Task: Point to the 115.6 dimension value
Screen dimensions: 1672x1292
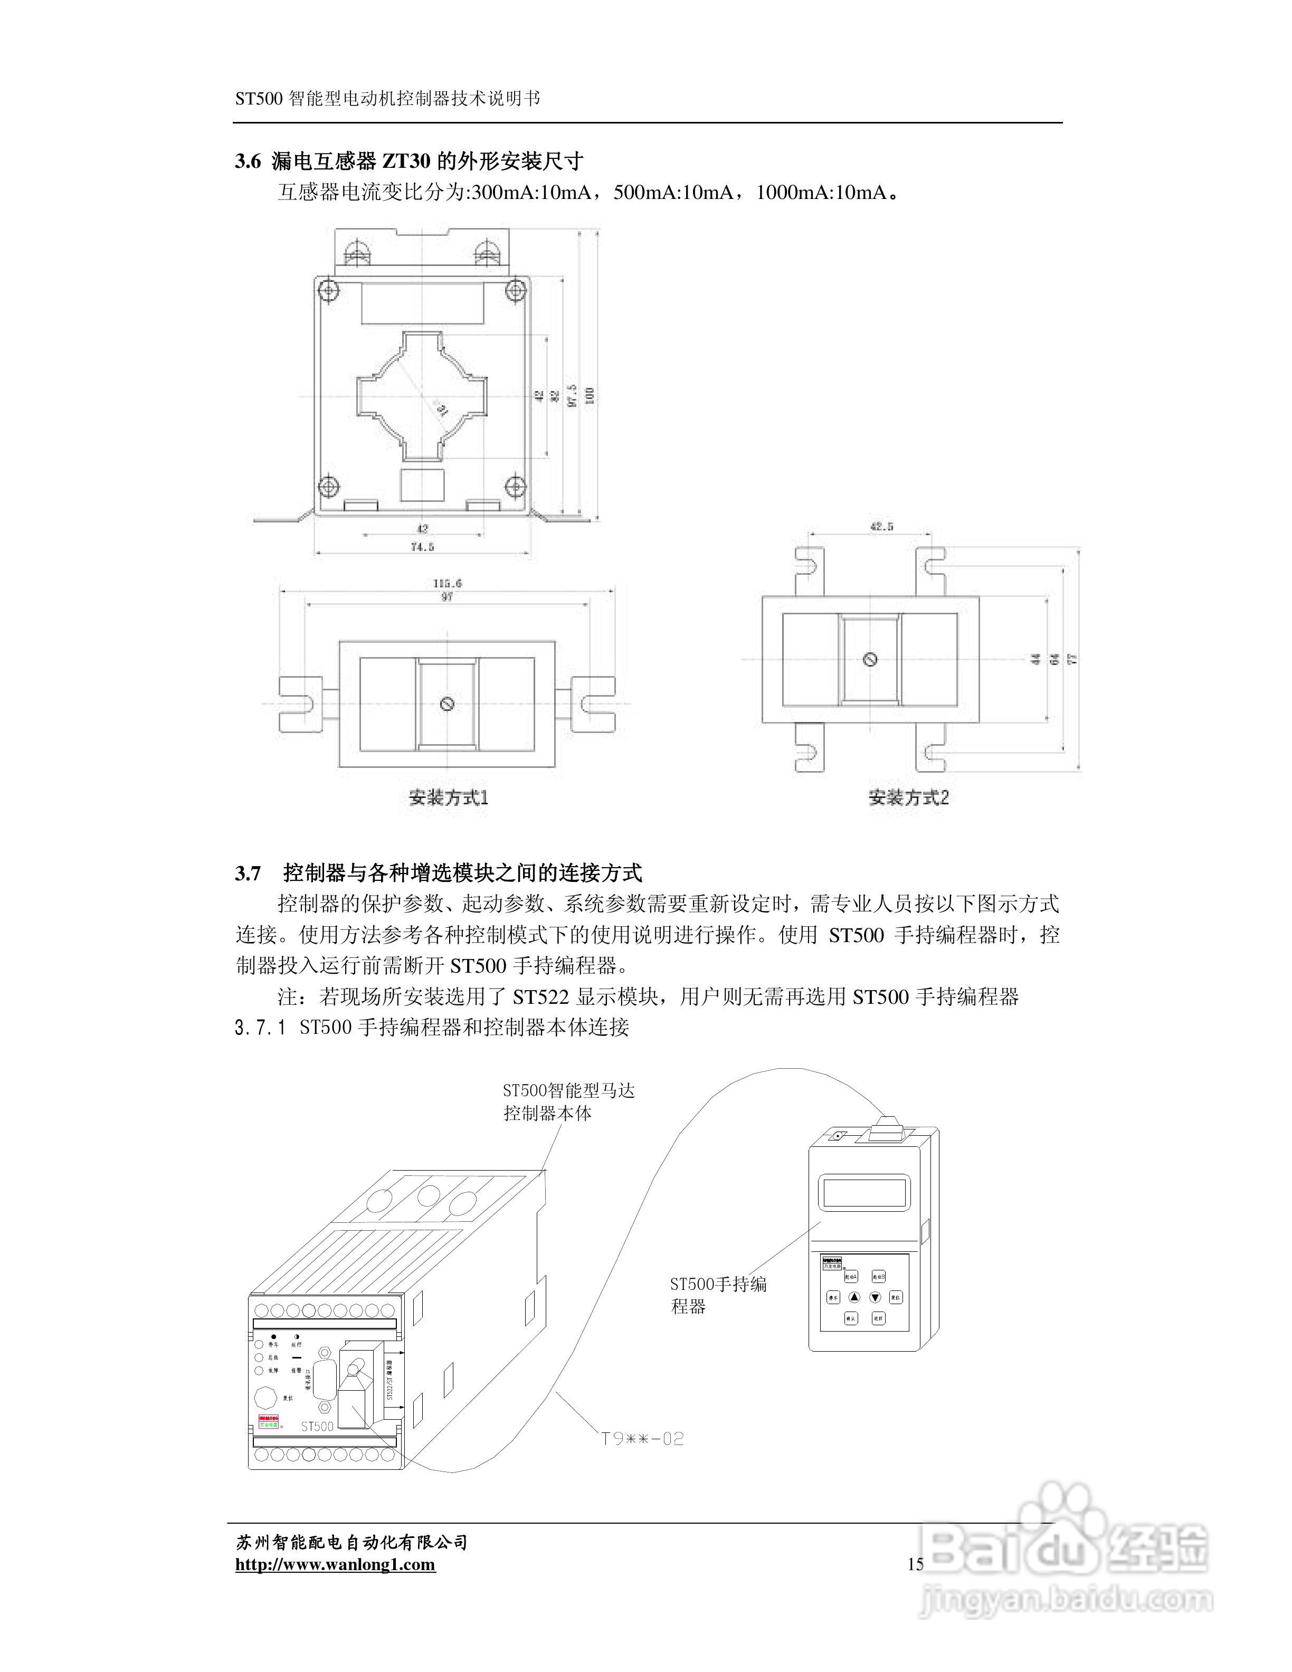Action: point(447,583)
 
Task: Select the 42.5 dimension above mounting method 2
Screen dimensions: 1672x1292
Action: point(881,526)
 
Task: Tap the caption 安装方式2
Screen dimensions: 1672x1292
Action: point(908,797)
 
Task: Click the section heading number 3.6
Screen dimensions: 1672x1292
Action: point(248,161)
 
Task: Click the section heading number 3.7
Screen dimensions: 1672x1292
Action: point(248,873)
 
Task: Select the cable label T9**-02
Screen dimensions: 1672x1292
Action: point(641,1439)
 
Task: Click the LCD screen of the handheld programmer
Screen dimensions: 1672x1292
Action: point(866,1193)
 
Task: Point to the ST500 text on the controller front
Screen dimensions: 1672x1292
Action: point(317,1426)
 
